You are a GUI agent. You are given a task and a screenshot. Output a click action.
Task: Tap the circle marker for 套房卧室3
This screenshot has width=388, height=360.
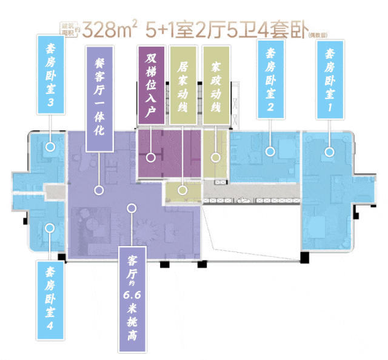tap(51, 147)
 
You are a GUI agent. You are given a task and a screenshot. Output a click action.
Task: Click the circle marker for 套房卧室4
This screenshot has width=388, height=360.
tap(50, 228)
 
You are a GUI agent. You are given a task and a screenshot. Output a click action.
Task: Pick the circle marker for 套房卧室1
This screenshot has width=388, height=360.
tap(330, 151)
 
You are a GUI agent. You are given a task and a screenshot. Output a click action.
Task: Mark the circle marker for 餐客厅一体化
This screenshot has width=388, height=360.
tap(98, 190)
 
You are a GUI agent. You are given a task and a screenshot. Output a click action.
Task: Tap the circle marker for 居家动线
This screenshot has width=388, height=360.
tap(182, 190)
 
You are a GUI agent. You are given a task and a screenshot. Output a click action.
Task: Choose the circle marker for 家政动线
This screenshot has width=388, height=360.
tap(215, 157)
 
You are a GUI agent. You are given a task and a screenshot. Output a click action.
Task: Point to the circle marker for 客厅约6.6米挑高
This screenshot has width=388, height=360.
tap(130, 208)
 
